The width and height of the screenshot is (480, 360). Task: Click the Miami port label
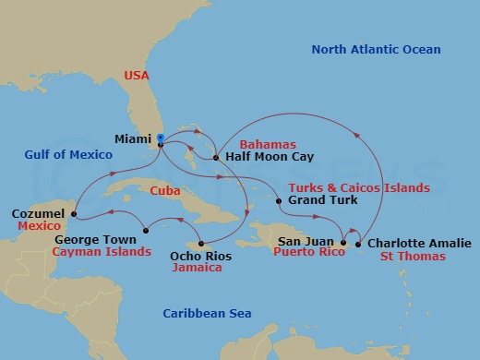(133, 139)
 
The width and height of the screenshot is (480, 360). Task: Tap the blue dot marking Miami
(161, 138)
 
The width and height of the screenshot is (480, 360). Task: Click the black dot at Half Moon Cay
(216, 158)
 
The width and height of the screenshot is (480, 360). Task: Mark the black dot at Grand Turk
(279, 199)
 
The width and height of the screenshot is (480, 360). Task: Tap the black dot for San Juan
(342, 244)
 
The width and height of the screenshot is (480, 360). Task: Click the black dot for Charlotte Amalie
(358, 244)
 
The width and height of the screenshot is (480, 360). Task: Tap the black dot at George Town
(145, 230)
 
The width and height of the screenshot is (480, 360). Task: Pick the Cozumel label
(38, 212)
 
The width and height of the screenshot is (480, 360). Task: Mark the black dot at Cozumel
(73, 217)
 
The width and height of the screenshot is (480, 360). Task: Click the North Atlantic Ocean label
(376, 50)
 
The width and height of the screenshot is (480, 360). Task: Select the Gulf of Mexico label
(57, 156)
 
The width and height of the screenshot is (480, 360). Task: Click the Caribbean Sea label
(208, 314)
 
